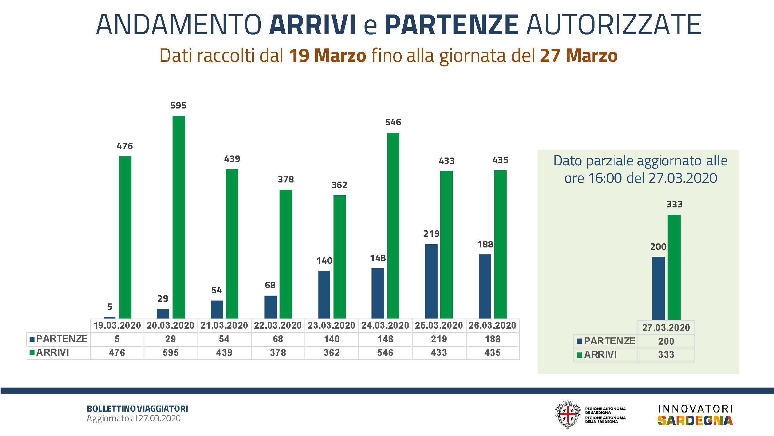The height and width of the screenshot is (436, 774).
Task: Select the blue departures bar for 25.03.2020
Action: [431, 281]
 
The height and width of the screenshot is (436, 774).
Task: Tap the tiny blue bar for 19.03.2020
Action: [109, 317]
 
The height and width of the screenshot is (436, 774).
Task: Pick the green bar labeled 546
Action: [393, 225]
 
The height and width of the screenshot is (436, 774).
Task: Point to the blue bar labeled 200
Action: [658, 288]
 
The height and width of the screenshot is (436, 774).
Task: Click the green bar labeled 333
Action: [674, 267]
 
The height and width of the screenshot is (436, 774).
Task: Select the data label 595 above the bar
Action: [178, 106]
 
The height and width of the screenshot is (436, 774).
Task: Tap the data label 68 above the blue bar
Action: [270, 285]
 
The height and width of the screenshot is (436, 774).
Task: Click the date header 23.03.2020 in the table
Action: [331, 325]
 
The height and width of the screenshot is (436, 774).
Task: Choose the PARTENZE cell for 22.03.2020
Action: [278, 339]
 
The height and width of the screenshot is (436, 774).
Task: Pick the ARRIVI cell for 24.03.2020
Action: [385, 352]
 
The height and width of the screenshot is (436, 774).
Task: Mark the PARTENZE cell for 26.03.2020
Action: [492, 339]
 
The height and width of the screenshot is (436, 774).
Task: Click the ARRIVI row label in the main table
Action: [52, 352]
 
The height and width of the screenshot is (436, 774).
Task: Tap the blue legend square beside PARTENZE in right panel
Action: [580, 341]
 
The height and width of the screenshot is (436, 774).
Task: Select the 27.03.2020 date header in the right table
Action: [666, 328]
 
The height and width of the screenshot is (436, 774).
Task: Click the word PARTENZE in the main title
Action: [452, 25]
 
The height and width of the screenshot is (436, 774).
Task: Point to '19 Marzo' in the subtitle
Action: [327, 56]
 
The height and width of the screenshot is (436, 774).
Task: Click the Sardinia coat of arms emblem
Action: [568, 415]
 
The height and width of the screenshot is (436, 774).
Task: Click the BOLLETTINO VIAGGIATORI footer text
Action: [137, 409]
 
